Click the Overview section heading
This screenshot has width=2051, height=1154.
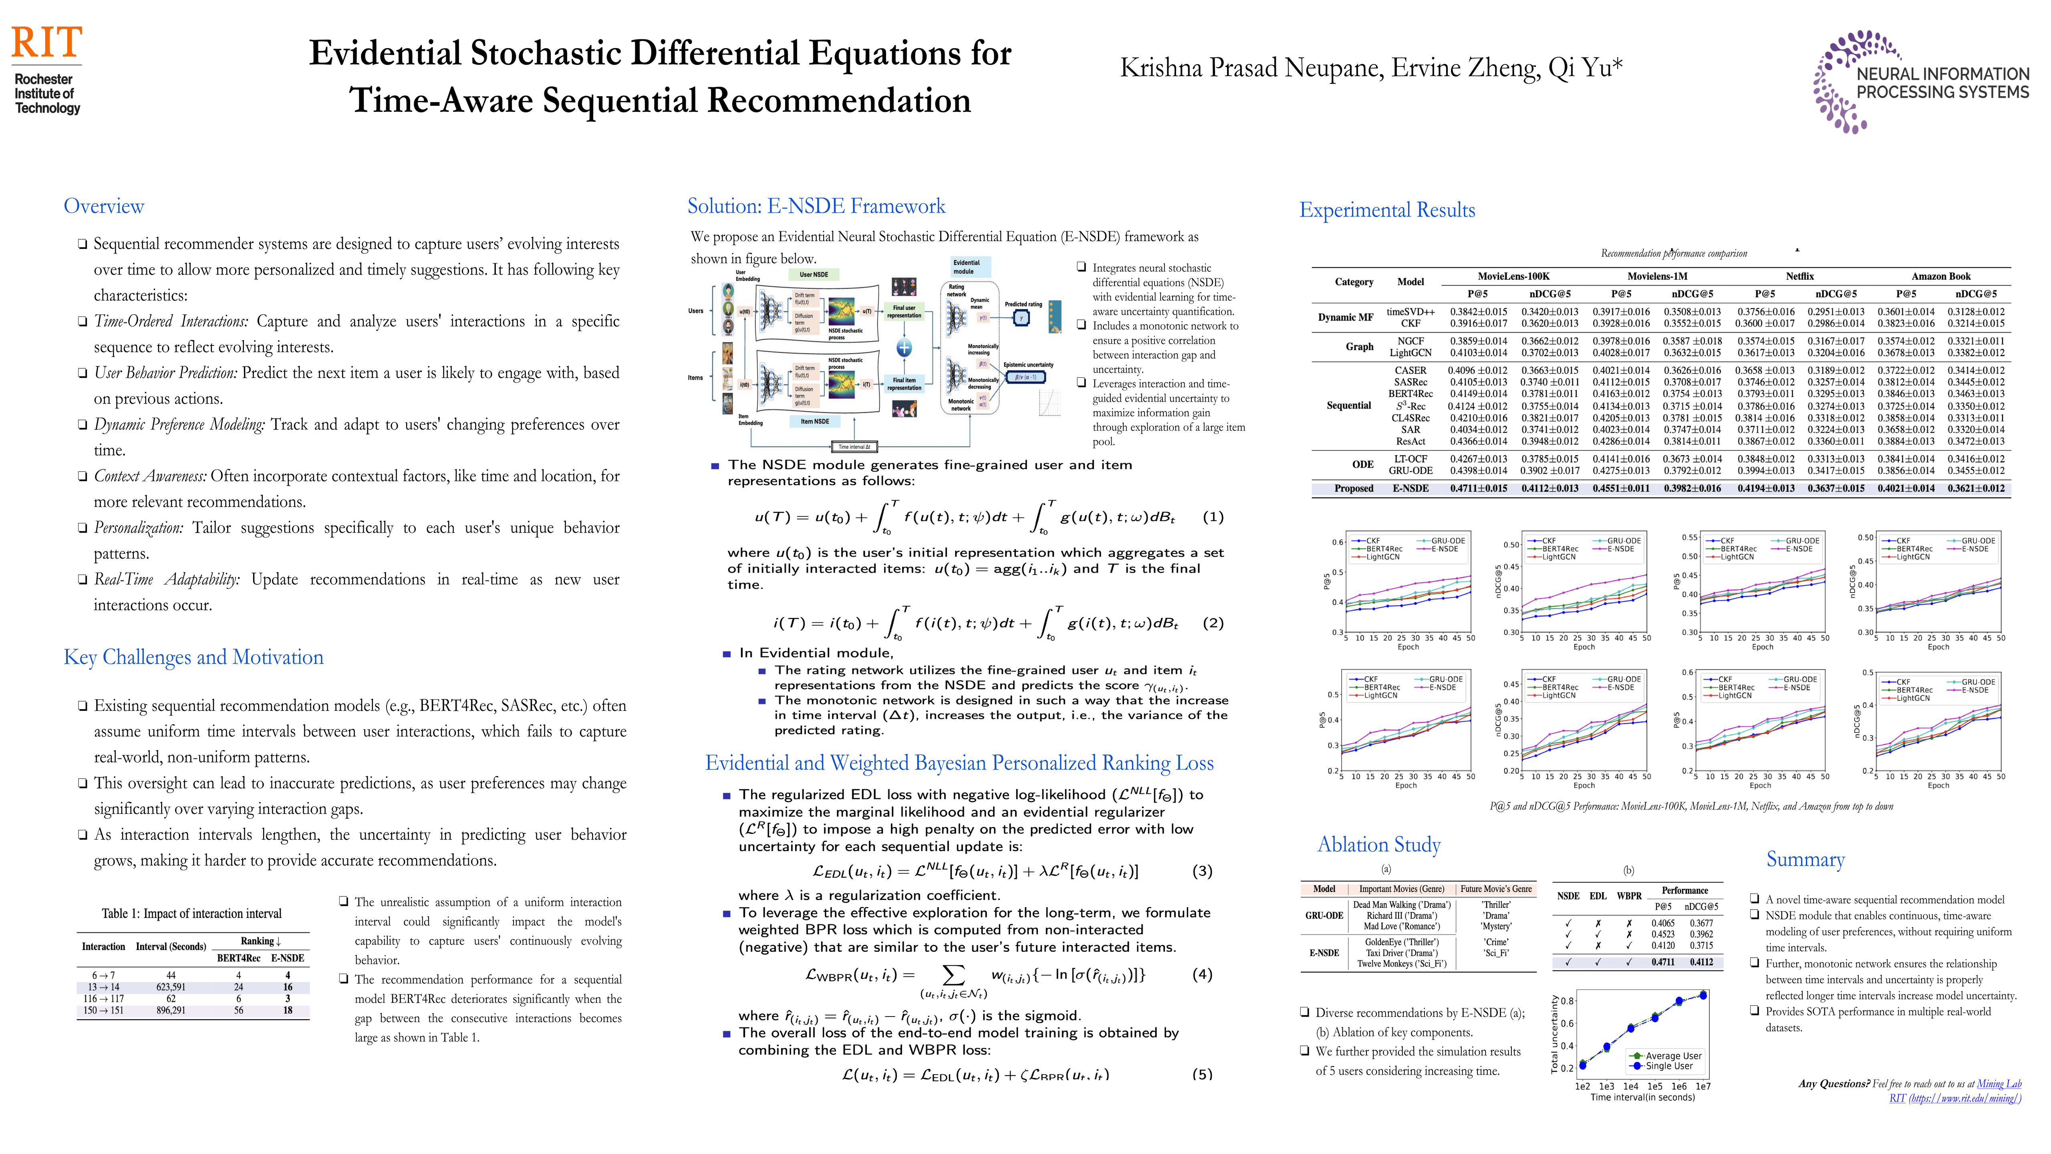[x=104, y=206]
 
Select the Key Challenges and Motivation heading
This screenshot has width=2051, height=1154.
[x=193, y=657]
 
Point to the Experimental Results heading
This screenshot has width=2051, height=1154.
[x=1387, y=210]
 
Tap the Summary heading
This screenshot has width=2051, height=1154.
[x=1805, y=859]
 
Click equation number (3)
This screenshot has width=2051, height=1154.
[x=1202, y=871]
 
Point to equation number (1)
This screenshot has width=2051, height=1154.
[x=1213, y=517]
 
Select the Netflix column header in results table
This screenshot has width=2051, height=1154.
[x=1799, y=276]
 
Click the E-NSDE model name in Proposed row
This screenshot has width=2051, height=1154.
[x=1410, y=488]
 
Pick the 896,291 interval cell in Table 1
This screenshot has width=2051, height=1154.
[x=171, y=1011]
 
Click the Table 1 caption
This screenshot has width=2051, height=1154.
[x=191, y=914]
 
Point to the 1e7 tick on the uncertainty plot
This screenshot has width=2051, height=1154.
[x=1703, y=1086]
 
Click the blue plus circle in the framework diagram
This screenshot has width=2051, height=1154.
[x=905, y=347]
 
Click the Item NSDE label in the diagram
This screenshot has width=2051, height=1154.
[x=814, y=421]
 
